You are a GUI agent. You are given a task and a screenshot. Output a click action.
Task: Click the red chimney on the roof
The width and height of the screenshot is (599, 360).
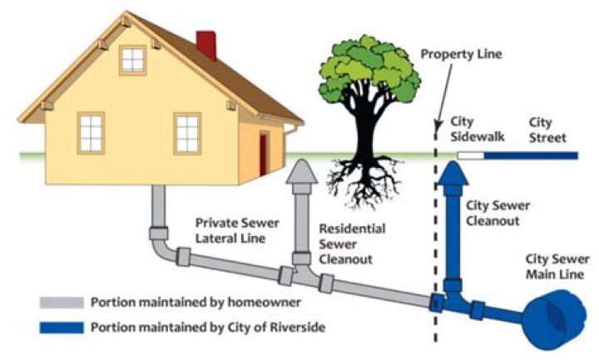click(x=206, y=45)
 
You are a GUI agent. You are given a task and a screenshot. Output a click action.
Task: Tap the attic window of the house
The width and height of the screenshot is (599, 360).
click(x=132, y=60)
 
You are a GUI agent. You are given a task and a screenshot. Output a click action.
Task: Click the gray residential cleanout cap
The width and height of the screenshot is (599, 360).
click(x=302, y=172)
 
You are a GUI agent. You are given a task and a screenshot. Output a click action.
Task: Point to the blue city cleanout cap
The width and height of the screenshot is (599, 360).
click(x=453, y=174)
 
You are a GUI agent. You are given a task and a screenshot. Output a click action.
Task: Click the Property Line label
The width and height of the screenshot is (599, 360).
click(x=461, y=54)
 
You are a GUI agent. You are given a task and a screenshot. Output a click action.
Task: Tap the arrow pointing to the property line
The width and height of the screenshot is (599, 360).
click(x=444, y=96)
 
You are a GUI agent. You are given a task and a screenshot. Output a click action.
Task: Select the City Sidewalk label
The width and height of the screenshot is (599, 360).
click(x=478, y=130)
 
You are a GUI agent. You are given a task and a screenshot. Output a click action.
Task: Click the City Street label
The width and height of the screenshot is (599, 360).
click(x=547, y=131)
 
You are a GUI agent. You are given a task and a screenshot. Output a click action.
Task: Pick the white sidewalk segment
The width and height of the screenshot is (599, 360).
click(x=471, y=155)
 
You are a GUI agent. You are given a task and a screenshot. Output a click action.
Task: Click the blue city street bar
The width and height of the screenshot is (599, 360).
click(x=531, y=155)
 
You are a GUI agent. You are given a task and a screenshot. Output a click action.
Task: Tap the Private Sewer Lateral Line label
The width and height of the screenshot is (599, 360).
click(x=237, y=230)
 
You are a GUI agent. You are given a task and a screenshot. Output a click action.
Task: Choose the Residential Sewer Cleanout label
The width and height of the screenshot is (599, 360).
click(x=352, y=244)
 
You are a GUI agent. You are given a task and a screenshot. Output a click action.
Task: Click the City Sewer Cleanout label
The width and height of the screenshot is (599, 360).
click(x=498, y=213)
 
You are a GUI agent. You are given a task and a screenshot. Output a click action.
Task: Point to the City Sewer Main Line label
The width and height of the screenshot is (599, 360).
click(x=557, y=267)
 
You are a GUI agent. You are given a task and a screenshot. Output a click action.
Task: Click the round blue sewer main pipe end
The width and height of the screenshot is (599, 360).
click(x=555, y=318)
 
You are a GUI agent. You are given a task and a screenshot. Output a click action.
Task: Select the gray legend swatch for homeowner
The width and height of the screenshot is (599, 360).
click(x=62, y=303)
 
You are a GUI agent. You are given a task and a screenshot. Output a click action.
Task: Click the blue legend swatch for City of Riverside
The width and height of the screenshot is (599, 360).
click(x=62, y=328)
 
